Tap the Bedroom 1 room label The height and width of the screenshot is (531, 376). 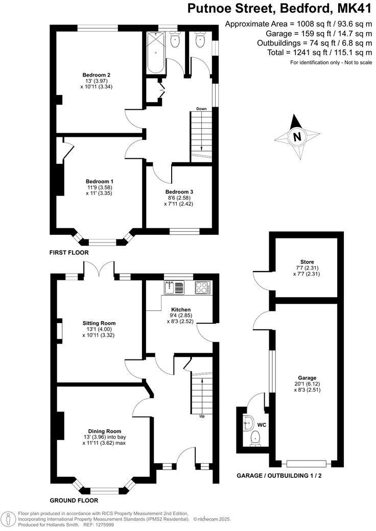coord(99,182)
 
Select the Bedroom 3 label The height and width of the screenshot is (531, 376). coord(179,192)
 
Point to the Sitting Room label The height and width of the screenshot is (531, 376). coord(99,323)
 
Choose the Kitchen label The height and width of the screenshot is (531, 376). coord(181,310)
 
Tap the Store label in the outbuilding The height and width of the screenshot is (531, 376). coord(308,262)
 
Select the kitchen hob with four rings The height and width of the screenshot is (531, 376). coord(202,288)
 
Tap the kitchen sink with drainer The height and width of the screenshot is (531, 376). coord(175,288)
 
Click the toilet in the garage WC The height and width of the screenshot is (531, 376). coord(255,438)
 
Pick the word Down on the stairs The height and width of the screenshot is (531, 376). coord(201,109)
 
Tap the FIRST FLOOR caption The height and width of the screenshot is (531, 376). coord(69,253)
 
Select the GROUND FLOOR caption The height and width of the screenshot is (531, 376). coord(74,501)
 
